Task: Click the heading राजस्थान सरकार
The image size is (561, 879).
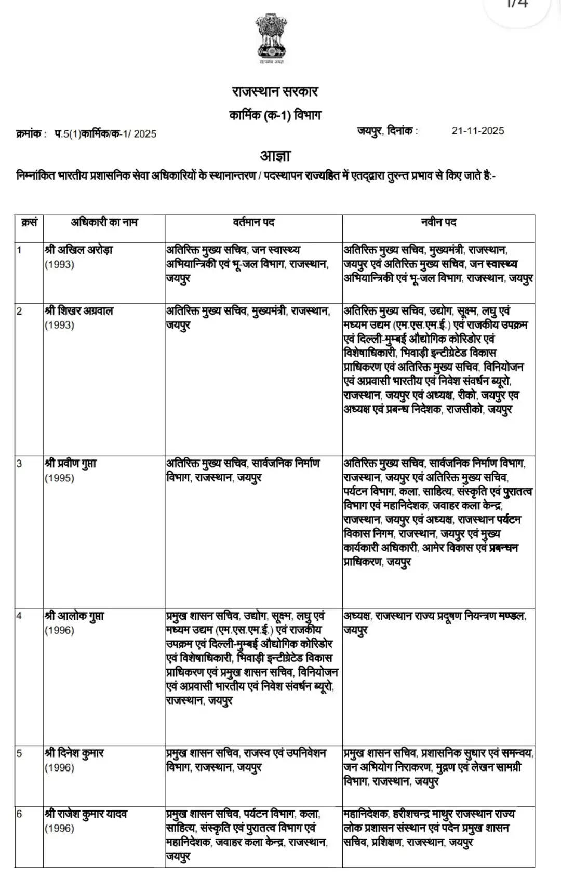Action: (275, 92)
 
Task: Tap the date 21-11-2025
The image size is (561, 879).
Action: (477, 131)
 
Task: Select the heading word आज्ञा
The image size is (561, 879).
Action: (275, 155)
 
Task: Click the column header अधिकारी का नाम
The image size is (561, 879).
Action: (104, 223)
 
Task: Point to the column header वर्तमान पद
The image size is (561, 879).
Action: (253, 223)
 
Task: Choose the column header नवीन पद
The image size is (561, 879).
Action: (438, 223)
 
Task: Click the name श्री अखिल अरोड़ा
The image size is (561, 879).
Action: (78, 250)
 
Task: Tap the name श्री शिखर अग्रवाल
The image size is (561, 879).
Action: (78, 311)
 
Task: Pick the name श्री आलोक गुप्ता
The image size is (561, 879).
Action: (74, 616)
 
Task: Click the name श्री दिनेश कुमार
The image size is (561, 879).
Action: (74, 753)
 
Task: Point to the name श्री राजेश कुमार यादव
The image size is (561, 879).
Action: (86, 814)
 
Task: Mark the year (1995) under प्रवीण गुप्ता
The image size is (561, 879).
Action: (59, 478)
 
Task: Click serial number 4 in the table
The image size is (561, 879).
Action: (19, 616)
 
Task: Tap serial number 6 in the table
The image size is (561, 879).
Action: (19, 814)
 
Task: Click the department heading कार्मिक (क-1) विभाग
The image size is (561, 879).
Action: (275, 115)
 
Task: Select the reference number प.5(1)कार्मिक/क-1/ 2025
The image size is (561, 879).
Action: (105, 134)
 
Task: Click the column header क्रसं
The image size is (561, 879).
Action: (29, 223)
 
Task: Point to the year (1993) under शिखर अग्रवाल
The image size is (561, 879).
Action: (59, 326)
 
